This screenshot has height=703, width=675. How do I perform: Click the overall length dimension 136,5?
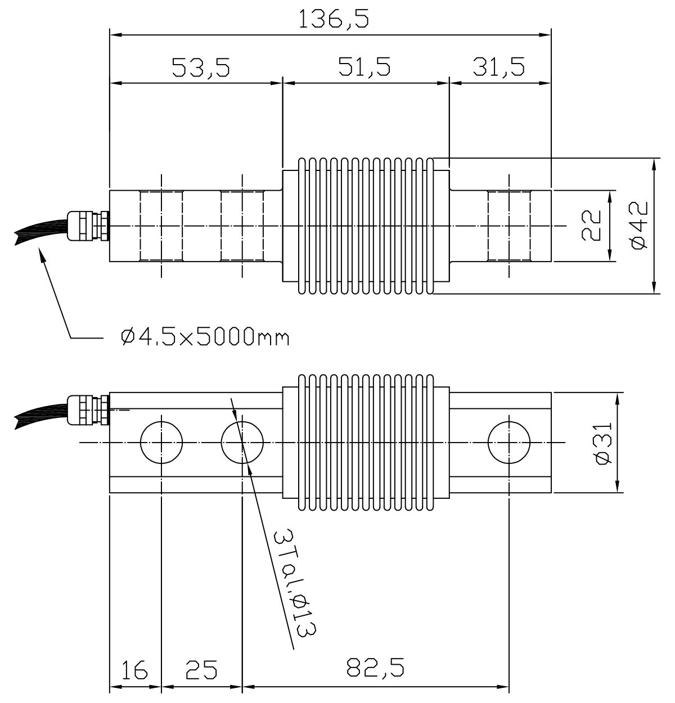pyautogui.click(x=334, y=19)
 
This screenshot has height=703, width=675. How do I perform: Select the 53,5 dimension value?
pyautogui.click(x=201, y=67)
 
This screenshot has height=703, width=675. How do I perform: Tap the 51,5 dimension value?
pyautogui.click(x=364, y=67)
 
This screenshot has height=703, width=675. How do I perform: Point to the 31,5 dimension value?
pyautogui.click(x=499, y=67)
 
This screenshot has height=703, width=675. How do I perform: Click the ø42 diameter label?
pyautogui.click(x=640, y=225)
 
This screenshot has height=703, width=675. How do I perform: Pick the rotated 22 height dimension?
pyautogui.click(x=591, y=226)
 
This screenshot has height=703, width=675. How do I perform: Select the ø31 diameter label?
pyautogui.click(x=603, y=443)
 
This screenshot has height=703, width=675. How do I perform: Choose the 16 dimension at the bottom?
pyautogui.click(x=134, y=669)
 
